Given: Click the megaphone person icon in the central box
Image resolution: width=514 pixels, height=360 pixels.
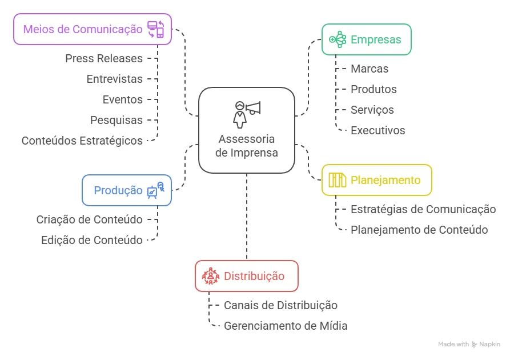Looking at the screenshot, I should click(246, 114).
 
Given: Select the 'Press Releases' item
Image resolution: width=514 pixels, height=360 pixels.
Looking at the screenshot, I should click(104, 58).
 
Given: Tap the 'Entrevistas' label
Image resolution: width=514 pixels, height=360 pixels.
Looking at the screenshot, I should click(115, 79).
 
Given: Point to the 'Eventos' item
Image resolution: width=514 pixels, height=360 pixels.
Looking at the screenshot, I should click(123, 99).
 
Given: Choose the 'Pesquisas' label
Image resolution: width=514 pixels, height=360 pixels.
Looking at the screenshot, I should click(117, 120).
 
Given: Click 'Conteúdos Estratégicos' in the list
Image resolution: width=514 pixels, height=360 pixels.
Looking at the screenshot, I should click(82, 141).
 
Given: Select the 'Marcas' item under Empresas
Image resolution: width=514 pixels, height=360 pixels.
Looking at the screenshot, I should click(370, 69).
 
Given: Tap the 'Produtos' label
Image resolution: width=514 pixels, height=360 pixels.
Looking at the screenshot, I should click(374, 89).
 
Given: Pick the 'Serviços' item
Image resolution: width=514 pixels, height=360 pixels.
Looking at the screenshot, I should click(372, 110).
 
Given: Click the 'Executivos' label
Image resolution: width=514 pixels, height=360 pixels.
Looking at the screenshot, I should click(378, 130).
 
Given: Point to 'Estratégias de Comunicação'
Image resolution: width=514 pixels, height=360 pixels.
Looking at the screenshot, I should click(423, 209).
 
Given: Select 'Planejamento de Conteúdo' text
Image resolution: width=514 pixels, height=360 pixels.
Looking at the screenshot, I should click(419, 230).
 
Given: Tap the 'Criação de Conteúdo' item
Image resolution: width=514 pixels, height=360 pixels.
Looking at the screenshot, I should click(90, 219).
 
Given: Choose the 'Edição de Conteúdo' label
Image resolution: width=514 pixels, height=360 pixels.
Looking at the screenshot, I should click(92, 240).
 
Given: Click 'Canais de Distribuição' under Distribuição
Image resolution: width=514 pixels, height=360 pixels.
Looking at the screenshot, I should click(280, 305).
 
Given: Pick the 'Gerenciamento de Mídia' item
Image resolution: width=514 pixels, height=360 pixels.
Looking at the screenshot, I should click(286, 326).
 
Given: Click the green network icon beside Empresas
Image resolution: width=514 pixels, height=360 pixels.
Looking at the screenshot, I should click(338, 39).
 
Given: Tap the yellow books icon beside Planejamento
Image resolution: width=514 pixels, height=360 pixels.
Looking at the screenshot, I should click(337, 180).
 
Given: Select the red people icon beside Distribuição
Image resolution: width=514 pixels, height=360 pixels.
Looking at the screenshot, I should click(211, 276).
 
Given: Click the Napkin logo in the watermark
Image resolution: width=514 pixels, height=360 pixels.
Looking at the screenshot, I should click(475, 345).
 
